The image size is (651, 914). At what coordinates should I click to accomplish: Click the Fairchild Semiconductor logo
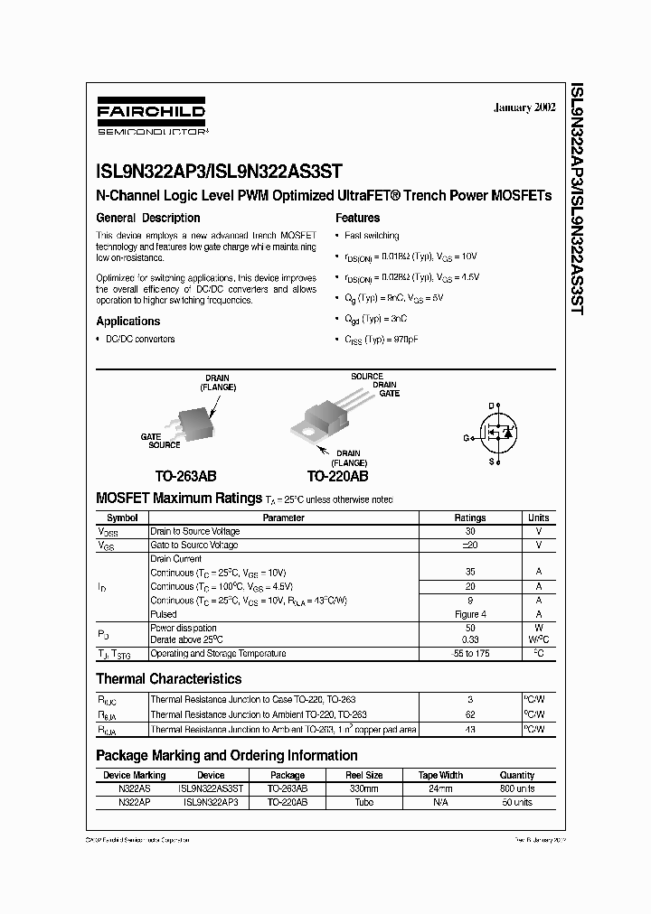tap(151, 118)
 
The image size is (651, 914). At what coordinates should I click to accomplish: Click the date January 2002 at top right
tap(524, 107)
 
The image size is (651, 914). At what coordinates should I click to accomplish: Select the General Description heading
tap(148, 218)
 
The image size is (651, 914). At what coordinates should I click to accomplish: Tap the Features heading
tap(357, 218)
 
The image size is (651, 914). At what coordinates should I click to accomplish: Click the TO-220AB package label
tap(337, 476)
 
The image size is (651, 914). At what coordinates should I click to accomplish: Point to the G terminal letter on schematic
tap(467, 436)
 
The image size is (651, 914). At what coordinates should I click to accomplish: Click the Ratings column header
tap(468, 518)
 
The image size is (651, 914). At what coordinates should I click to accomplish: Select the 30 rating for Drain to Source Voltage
tap(468, 531)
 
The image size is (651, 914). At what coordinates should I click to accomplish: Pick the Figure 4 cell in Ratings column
tap(468, 613)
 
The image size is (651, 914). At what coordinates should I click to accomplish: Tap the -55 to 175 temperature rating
tap(468, 653)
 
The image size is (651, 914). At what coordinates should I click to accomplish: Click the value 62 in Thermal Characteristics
tap(468, 714)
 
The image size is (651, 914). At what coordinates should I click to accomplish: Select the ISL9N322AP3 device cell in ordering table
tap(211, 801)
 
